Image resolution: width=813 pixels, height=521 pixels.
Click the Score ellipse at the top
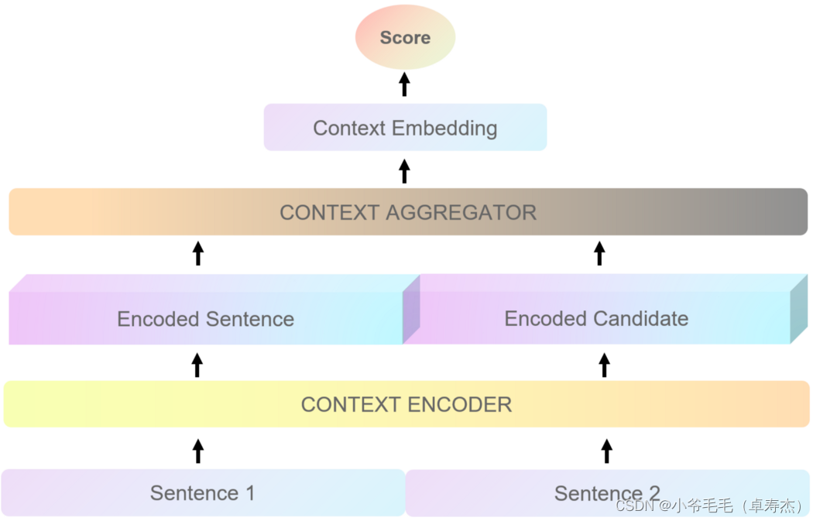click(405, 37)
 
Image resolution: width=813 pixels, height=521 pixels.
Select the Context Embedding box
click(405, 128)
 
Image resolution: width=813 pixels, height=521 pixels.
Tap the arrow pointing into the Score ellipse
click(404, 84)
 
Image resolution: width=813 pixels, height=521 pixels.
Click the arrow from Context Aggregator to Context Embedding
click(404, 170)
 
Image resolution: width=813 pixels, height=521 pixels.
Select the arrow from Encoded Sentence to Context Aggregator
click(198, 253)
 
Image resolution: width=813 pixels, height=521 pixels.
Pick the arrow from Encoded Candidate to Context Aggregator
click(599, 253)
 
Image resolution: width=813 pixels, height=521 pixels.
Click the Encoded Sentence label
click(205, 319)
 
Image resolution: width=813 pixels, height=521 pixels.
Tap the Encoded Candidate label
click(596, 318)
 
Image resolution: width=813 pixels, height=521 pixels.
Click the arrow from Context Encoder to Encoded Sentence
click(197, 365)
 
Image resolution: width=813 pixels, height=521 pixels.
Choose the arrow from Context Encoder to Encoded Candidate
click(605, 365)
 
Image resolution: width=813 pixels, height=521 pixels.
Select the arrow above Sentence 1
click(198, 451)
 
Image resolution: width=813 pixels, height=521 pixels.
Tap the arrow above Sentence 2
click(607, 451)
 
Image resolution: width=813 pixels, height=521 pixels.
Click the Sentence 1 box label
click(202, 493)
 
